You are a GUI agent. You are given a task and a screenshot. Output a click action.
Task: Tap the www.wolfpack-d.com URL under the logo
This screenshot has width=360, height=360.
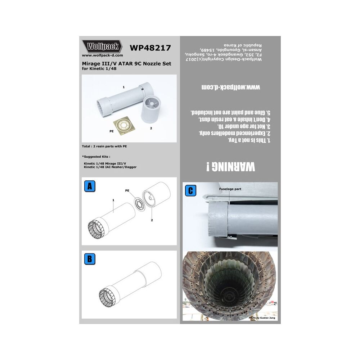point(103,55)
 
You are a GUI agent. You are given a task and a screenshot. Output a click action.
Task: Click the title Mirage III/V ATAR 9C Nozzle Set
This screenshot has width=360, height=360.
point(127,64)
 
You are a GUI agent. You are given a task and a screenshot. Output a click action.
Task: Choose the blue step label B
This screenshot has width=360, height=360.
point(89,259)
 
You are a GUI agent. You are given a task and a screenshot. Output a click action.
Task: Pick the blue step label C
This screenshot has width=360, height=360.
point(190,190)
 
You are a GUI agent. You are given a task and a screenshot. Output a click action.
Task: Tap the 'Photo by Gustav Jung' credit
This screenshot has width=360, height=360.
point(262,319)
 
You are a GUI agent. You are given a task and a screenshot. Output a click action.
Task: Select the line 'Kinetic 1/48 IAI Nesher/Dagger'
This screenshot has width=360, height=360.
point(110,167)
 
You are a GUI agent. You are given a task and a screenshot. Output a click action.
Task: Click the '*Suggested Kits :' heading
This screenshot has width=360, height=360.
point(96,157)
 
